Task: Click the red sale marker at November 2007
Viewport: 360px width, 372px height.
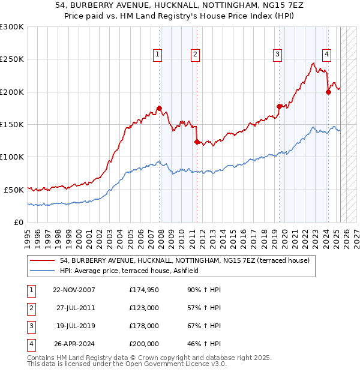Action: click(159, 108)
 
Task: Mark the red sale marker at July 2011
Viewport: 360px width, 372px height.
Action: click(197, 142)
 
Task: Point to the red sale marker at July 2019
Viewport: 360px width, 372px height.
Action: click(279, 106)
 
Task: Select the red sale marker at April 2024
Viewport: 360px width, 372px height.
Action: click(328, 92)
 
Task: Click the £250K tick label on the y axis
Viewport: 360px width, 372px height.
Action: click(11, 59)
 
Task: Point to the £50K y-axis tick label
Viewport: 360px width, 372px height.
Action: click(14, 190)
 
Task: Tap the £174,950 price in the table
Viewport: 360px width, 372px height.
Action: click(143, 290)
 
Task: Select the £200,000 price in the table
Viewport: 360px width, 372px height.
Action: click(143, 344)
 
